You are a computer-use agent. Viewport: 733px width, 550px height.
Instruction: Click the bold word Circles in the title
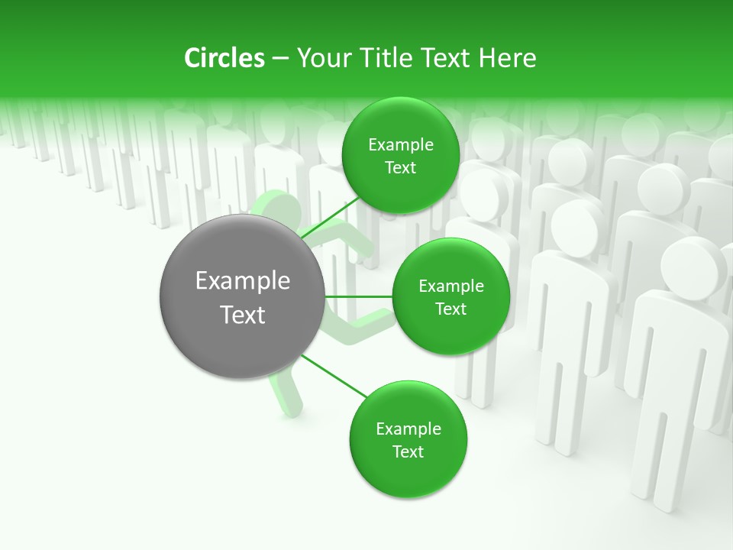coord(224,58)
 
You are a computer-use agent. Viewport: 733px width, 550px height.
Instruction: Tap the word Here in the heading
coord(507,58)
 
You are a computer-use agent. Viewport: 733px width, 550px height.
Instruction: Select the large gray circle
coord(242,297)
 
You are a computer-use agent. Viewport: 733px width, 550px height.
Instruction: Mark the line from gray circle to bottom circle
coord(334,376)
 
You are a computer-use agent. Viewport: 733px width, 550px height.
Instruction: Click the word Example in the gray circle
coord(242,281)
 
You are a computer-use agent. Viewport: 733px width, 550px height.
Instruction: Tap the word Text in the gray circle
coord(242,315)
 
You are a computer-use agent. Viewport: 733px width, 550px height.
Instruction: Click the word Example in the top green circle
coord(400,145)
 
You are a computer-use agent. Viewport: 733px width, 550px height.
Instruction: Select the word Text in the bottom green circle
coord(408,451)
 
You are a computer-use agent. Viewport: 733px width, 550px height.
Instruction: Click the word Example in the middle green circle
coord(450,286)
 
